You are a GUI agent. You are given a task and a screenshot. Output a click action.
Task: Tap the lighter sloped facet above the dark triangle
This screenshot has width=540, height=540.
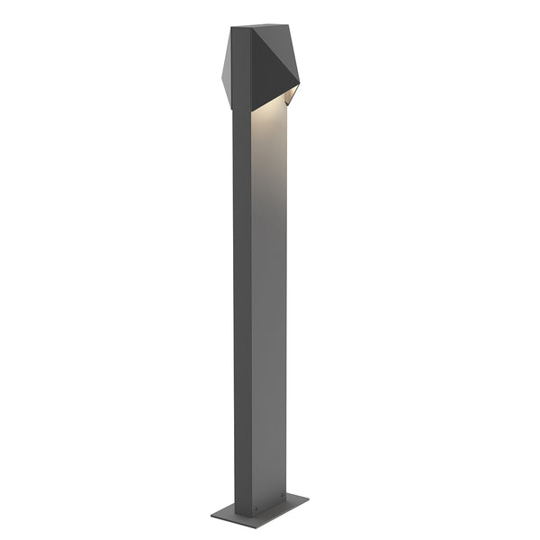[x=270, y=41]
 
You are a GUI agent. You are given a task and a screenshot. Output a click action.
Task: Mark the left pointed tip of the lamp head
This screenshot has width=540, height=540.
[x=220, y=68]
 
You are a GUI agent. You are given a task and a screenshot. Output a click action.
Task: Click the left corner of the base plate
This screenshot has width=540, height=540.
[x=211, y=515]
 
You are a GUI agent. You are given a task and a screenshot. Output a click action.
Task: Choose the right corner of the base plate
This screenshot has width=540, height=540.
[x=309, y=498]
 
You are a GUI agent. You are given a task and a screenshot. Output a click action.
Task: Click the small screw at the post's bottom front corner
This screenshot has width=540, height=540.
[x=255, y=516]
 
